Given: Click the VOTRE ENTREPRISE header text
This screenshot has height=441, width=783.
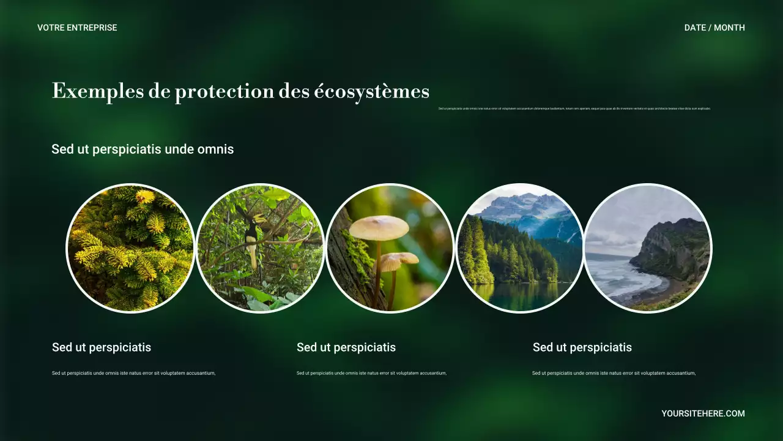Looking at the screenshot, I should pos(77,28).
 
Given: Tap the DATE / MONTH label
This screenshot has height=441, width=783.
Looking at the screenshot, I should pos(714,28).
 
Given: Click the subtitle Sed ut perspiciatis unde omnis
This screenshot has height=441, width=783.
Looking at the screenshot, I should pos(143,149).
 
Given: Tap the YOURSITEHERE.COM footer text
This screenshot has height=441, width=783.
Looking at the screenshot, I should pos(703,413).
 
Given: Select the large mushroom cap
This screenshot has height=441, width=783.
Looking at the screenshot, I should pos(379,227).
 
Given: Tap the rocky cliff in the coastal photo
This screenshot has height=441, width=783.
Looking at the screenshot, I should pos(673,245).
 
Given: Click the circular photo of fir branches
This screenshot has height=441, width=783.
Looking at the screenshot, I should pos(130,248).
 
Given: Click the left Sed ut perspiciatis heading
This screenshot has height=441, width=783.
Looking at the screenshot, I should pos(102,347).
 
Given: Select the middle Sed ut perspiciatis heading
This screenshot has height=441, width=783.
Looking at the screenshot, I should pos(346,347).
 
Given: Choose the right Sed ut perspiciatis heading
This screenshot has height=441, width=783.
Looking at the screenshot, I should pos(582,347).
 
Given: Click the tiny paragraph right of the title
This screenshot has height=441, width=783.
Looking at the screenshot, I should pos(574,108).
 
